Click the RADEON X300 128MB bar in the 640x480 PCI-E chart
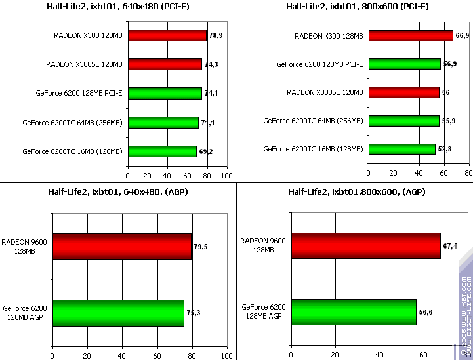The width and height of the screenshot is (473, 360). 167,35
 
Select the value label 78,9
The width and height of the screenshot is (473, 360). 216,35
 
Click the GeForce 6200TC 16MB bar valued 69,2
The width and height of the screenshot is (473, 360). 162,151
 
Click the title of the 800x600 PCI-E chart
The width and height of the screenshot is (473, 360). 358,7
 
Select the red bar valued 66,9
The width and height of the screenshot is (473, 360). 410,35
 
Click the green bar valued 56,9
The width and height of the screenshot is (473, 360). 404,64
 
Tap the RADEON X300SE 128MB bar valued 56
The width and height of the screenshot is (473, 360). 403,92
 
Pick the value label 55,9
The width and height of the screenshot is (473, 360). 449,121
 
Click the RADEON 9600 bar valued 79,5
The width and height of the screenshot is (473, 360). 122,247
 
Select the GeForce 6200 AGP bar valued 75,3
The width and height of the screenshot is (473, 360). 118,313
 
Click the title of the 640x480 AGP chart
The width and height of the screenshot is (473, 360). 117,191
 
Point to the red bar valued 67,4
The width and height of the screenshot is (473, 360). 366,245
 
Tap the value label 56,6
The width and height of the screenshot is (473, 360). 426,312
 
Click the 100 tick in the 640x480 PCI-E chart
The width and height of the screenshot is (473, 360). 226,176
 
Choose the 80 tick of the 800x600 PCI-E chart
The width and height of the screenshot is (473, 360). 468,173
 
